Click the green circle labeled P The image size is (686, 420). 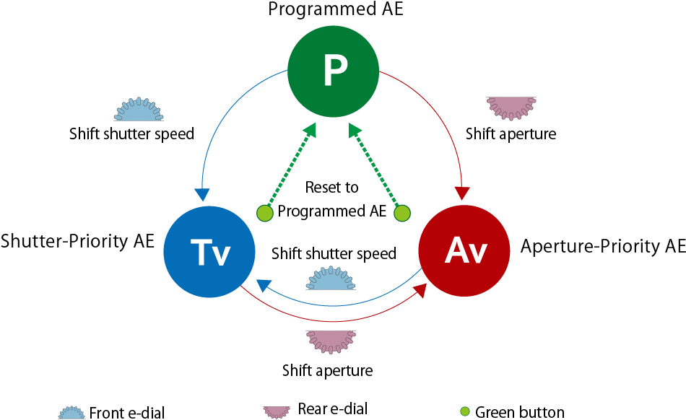[x=333, y=71]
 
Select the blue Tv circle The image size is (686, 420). [x=209, y=252]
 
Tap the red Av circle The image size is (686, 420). [x=464, y=250]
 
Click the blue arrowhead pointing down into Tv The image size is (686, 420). [x=202, y=195]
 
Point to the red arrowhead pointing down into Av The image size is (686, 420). [x=462, y=193]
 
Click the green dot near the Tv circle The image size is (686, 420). [x=265, y=213]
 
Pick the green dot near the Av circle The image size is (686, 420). [x=402, y=213]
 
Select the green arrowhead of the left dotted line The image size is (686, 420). [x=310, y=130]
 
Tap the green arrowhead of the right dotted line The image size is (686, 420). [x=355, y=130]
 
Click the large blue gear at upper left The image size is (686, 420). [x=139, y=110]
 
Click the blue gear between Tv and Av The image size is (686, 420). [x=331, y=279]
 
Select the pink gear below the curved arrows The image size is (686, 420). [x=331, y=341]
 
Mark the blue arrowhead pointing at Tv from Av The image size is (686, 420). [x=264, y=285]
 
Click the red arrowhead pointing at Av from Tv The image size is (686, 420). [x=420, y=290]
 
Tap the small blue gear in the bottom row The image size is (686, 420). [x=71, y=414]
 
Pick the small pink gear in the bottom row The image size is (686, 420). [x=277, y=411]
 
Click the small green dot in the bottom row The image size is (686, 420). [x=465, y=411]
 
